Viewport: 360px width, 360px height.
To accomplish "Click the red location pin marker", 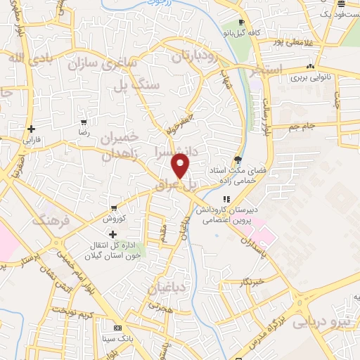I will pos(181,167).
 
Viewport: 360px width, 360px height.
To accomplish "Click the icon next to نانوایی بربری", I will pos(309,68).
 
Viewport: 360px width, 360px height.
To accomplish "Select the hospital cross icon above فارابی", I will pos(31,129).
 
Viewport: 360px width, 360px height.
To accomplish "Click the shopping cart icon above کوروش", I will pos(114,209).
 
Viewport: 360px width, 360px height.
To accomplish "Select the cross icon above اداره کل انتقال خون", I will pos(113,233).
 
